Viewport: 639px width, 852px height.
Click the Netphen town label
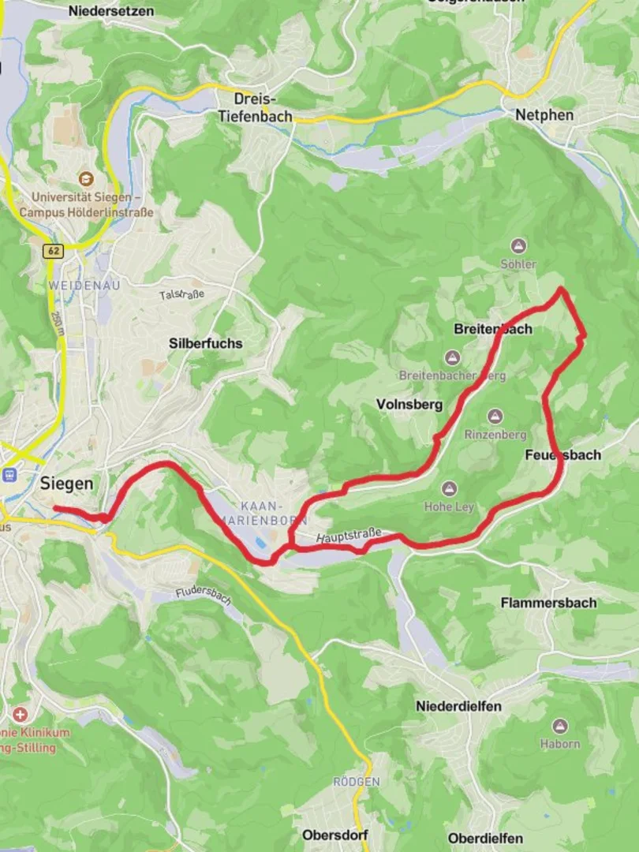544,115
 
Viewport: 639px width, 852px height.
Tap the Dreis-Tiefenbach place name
255,108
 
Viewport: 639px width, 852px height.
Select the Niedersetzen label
111,11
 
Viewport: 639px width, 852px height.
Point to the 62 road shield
53,251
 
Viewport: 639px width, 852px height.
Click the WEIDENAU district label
84,285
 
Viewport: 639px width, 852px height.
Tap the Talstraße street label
181,294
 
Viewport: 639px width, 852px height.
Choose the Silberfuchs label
206,344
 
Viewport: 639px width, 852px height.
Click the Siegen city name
66,484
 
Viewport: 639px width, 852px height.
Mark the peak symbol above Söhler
518,246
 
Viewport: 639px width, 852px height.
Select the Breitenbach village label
493,329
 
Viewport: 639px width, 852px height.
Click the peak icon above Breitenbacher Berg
451,358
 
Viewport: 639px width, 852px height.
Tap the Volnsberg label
409,405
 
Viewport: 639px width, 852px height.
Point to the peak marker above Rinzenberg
495,417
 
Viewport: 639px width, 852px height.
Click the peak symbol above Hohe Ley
450,489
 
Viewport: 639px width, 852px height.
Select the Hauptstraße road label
348,537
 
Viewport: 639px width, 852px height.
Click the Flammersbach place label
548,603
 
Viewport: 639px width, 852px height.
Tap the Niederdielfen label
458,706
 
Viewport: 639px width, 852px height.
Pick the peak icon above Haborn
560,726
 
